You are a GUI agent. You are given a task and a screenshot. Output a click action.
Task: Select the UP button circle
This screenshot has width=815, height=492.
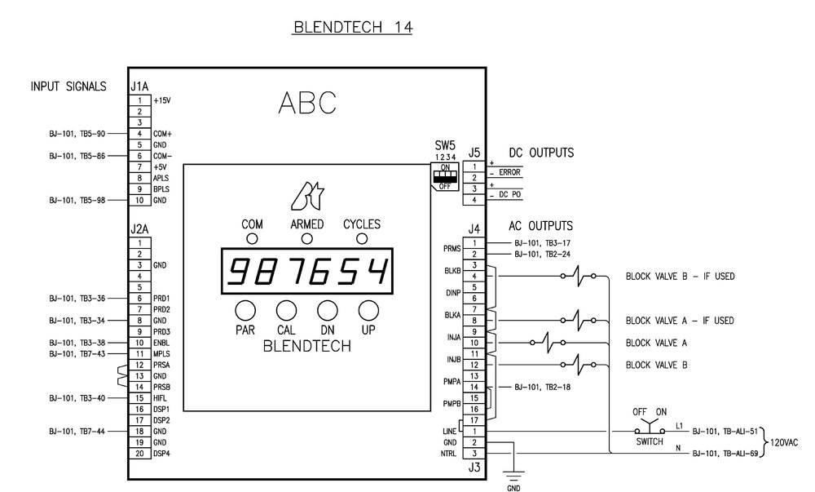(369, 309)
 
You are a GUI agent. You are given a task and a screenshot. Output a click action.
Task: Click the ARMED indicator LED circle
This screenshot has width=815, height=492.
(307, 238)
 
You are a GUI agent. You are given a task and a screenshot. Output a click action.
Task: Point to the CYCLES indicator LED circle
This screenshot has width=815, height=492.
(362, 238)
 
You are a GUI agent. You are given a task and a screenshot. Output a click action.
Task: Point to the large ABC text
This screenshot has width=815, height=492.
(306, 102)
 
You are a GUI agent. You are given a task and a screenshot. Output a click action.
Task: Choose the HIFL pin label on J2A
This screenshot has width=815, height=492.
(161, 397)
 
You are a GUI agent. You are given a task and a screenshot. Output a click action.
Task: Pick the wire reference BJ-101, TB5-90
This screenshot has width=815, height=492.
(77, 133)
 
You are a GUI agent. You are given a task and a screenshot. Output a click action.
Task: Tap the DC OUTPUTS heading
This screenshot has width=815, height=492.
(542, 153)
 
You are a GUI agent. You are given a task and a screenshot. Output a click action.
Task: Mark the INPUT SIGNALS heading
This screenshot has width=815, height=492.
(68, 86)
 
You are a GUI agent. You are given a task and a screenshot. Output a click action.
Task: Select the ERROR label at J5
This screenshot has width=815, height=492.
(509, 173)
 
